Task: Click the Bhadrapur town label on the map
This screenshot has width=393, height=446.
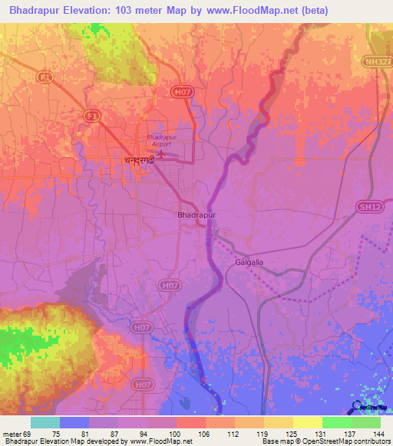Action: (196, 216)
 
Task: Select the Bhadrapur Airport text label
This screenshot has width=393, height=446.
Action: (161, 142)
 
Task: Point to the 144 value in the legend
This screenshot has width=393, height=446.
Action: (378, 433)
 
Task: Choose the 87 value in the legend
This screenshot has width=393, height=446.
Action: (115, 433)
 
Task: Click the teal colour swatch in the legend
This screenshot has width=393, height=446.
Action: (45, 422)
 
